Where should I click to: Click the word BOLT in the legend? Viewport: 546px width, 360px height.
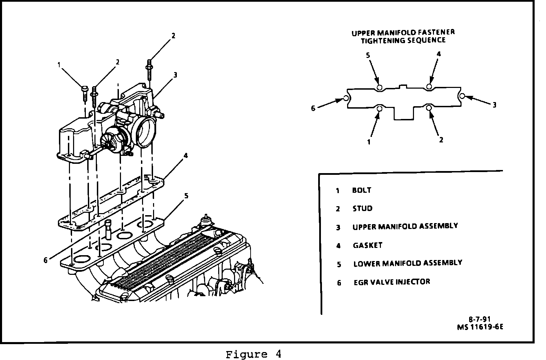pos(362,190)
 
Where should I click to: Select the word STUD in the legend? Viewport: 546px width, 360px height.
pos(362,208)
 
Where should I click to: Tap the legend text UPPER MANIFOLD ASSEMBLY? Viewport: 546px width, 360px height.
pos(405,226)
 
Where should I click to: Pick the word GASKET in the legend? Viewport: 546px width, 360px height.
pos(367,245)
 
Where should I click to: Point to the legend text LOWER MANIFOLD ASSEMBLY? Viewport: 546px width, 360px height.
pos(407,263)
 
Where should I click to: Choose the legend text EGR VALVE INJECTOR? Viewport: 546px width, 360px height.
pos(392,282)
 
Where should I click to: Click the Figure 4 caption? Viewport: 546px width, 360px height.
pos(253,354)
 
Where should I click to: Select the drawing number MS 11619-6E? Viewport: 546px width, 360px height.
pos(480,327)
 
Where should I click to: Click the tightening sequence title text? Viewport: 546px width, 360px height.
pos(403,36)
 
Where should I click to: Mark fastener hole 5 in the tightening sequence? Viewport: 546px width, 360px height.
pos(379,88)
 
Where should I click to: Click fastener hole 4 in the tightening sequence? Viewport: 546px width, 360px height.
pos(429,86)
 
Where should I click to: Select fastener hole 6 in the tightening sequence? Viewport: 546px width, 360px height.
pos(346,99)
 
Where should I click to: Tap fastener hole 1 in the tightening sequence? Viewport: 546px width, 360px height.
pos(380,109)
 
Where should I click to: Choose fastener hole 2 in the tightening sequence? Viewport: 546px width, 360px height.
pos(429,108)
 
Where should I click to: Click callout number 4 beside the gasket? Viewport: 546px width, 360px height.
pos(186,156)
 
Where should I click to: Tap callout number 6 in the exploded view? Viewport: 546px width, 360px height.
pos(45,260)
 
